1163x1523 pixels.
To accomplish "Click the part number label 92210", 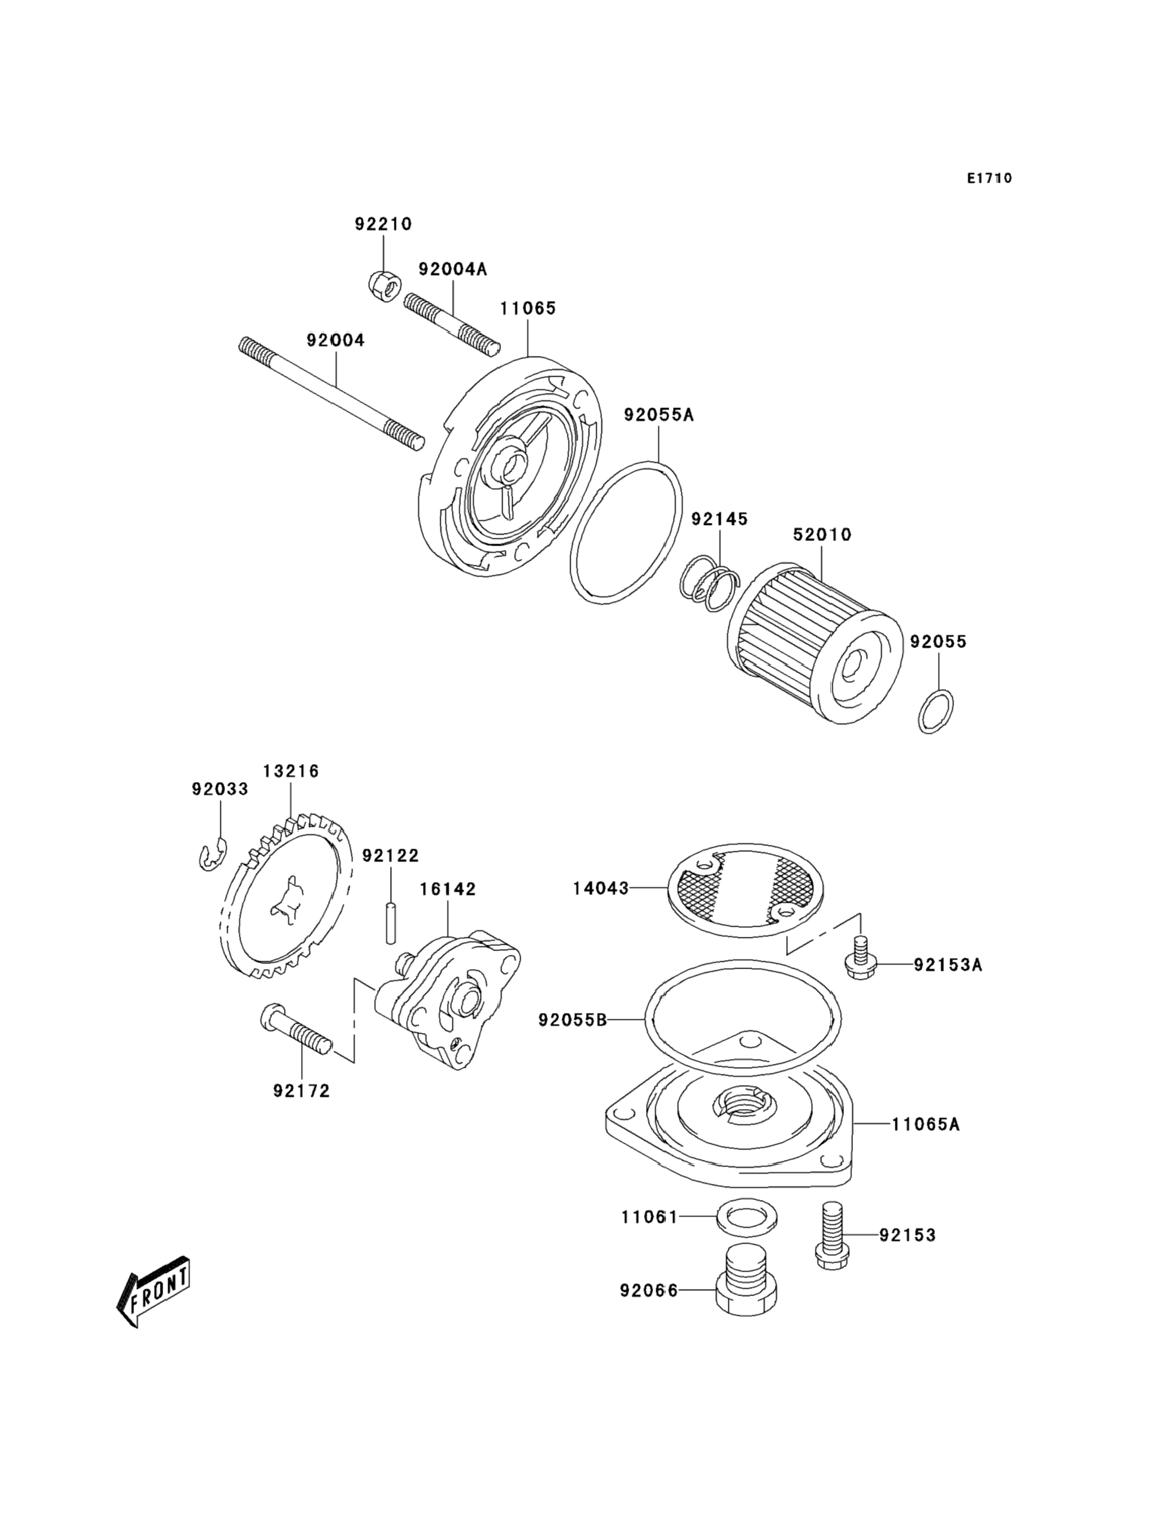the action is click(384, 224).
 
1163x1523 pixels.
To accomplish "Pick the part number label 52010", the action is click(823, 535).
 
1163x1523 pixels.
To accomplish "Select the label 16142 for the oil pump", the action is click(447, 889).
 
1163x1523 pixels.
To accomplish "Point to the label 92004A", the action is click(453, 269).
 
